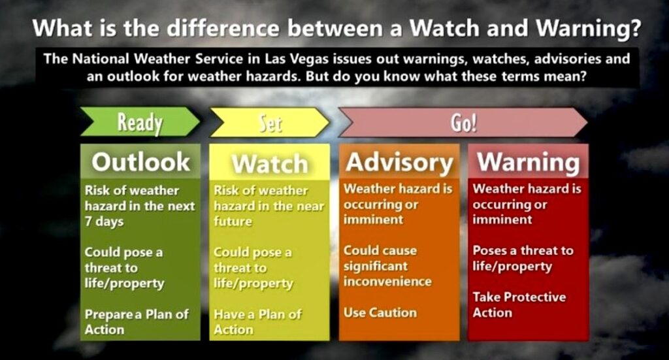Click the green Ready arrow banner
pyautogui.click(x=140, y=122)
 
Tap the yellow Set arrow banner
pyautogui.click(x=270, y=122)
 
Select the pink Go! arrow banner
pyautogui.click(x=463, y=122)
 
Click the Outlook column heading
pyautogui.click(x=141, y=162)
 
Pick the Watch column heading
pyautogui.click(x=270, y=164)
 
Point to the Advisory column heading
pyautogui.click(x=399, y=163)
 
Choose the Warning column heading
pyautogui.click(x=529, y=163)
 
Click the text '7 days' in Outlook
pyautogui.click(x=104, y=221)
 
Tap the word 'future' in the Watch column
pyautogui.click(x=233, y=221)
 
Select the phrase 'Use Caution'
pyautogui.click(x=380, y=313)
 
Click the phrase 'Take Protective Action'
pyautogui.click(x=519, y=304)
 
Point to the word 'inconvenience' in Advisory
pyautogui.click(x=387, y=282)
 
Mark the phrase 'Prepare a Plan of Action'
pyautogui.click(x=137, y=322)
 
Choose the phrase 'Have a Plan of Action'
pyautogui.click(x=257, y=322)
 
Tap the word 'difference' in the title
pyautogui.click(x=222, y=28)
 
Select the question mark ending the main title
pyautogui.click(x=635, y=28)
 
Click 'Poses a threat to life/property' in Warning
pyautogui.click(x=523, y=259)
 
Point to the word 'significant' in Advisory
pyautogui.click(x=376, y=266)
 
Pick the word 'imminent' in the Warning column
pyautogui.click(x=502, y=220)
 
